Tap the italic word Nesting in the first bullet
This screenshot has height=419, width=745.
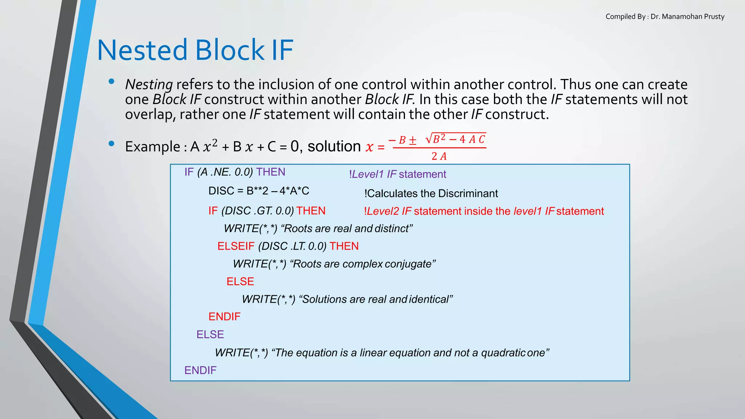[149, 84]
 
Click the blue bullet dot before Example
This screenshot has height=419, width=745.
[112, 143]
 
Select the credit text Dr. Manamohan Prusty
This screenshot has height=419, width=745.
[687, 16]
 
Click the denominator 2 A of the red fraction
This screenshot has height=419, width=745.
[439, 156]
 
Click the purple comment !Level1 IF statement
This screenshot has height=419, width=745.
[397, 174]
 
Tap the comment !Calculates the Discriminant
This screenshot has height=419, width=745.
[431, 193]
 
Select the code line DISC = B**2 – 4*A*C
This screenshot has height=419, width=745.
[259, 191]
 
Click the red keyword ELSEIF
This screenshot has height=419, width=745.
[236, 246]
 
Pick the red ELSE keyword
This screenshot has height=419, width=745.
[240, 282]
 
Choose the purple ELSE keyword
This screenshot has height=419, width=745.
[210, 335]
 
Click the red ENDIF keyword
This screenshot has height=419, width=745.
[224, 317]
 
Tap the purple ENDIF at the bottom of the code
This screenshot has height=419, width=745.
[200, 370]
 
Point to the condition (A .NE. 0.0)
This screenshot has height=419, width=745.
[225, 172]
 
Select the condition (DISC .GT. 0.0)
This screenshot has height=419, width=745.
[257, 211]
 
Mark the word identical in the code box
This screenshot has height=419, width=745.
[429, 299]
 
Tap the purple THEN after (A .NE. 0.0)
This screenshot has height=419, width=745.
[271, 172]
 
